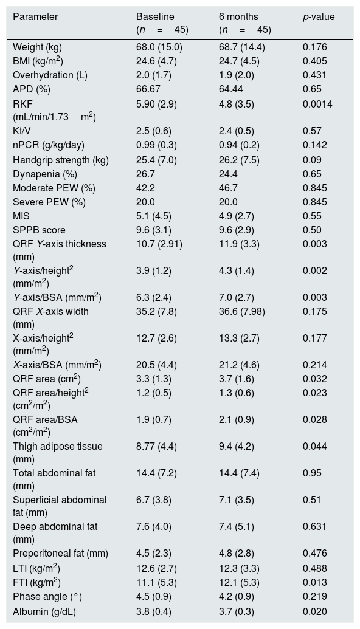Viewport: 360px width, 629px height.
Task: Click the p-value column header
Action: tap(319, 17)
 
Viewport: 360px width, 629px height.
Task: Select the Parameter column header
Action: tap(35, 16)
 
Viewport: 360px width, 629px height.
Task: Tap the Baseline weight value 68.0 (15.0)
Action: tap(159, 47)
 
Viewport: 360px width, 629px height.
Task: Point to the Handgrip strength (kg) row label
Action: tap(61, 160)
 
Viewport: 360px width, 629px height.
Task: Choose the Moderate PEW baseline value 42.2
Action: tap(146, 188)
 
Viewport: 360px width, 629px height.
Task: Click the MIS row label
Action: tap(21, 216)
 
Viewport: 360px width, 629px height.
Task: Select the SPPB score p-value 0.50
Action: tap(312, 230)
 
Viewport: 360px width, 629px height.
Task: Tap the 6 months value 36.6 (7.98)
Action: tap(242, 312)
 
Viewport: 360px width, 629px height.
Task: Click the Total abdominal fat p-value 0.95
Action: tap(312, 473)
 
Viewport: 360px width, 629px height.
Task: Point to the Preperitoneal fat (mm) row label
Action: tap(60, 554)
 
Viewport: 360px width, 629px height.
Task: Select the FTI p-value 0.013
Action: tap(315, 582)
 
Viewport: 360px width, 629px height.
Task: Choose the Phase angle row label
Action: tap(47, 597)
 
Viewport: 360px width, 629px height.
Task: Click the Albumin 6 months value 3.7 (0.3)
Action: tap(237, 612)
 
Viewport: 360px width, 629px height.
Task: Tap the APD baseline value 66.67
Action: tap(148, 89)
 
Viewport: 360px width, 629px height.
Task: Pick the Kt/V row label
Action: tap(21, 131)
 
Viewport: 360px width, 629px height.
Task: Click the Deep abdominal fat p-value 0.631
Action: tap(315, 527)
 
